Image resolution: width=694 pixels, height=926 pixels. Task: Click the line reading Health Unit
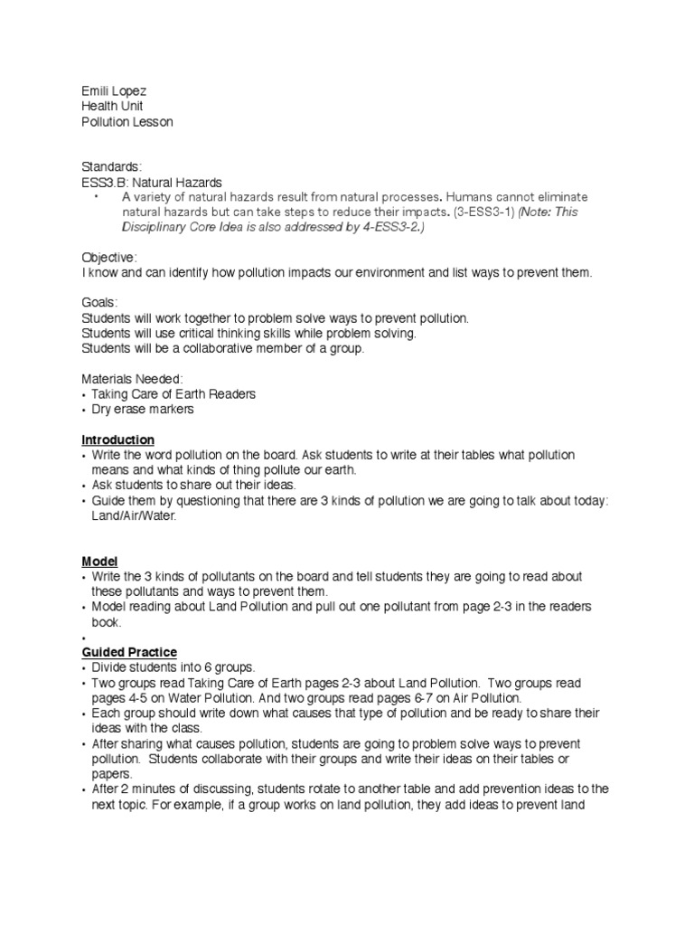click(112, 106)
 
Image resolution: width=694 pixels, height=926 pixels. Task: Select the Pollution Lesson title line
click(127, 121)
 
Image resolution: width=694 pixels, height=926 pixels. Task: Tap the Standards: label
click(112, 167)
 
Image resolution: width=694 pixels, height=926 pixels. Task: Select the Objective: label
click(109, 258)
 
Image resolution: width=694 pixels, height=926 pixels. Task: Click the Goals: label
click(100, 304)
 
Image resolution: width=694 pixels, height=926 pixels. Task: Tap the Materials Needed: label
click(132, 379)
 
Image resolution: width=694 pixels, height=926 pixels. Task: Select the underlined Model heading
click(99, 562)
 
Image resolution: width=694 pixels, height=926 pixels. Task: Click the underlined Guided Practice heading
click(129, 652)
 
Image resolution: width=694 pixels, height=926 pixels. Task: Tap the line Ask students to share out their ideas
click(192, 486)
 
